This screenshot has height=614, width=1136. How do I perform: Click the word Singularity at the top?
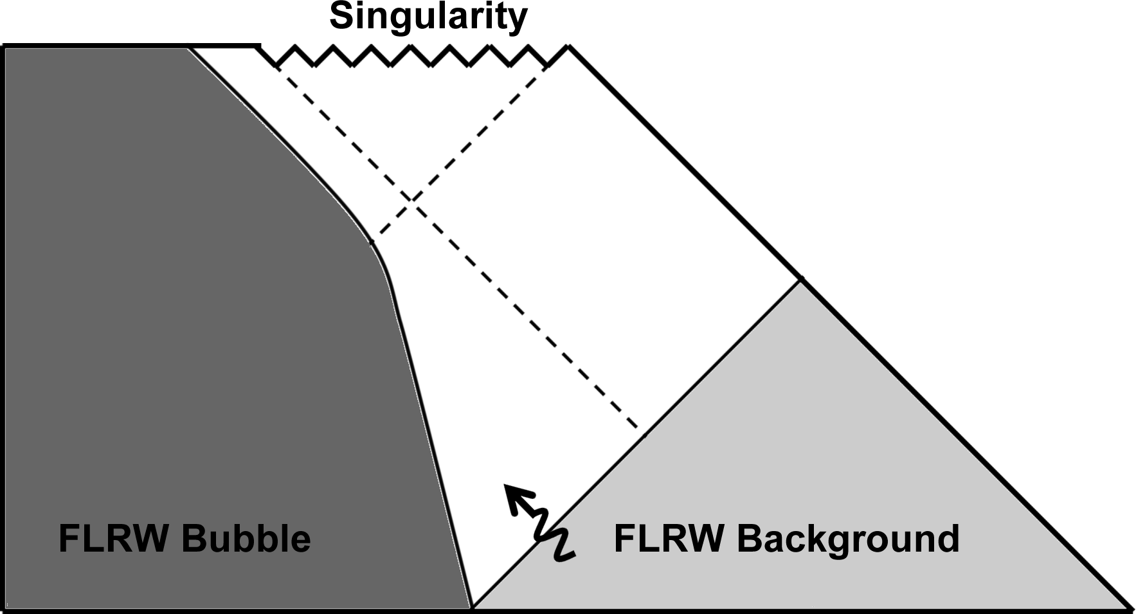[428, 17]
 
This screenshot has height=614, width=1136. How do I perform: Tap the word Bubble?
[246, 538]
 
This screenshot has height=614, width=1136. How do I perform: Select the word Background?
[848, 539]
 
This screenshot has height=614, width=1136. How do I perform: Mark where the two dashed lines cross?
[410, 201]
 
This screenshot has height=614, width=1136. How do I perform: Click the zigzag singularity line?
[411, 56]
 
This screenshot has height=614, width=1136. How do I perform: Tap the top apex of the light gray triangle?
[800, 280]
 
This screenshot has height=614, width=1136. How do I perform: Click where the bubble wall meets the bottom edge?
[471, 607]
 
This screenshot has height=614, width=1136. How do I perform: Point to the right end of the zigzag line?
[568, 46]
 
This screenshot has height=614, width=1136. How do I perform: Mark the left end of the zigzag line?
[260, 46]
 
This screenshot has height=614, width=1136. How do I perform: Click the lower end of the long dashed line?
[638, 429]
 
